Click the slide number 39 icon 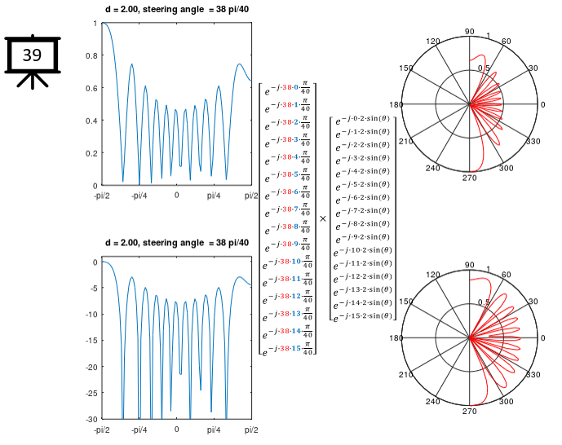pos(32,56)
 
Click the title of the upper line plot pos(176,9)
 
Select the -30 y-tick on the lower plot pos(91,419)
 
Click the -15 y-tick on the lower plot pos(91,341)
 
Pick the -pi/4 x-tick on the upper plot pos(139,196)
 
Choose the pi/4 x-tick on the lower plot pos(214,430)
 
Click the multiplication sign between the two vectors pos(323,218)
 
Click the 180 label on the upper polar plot pos(396,105)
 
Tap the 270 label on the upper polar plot pos(469,178)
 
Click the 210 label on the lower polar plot pos(406,375)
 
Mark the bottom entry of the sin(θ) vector pos(363,315)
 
